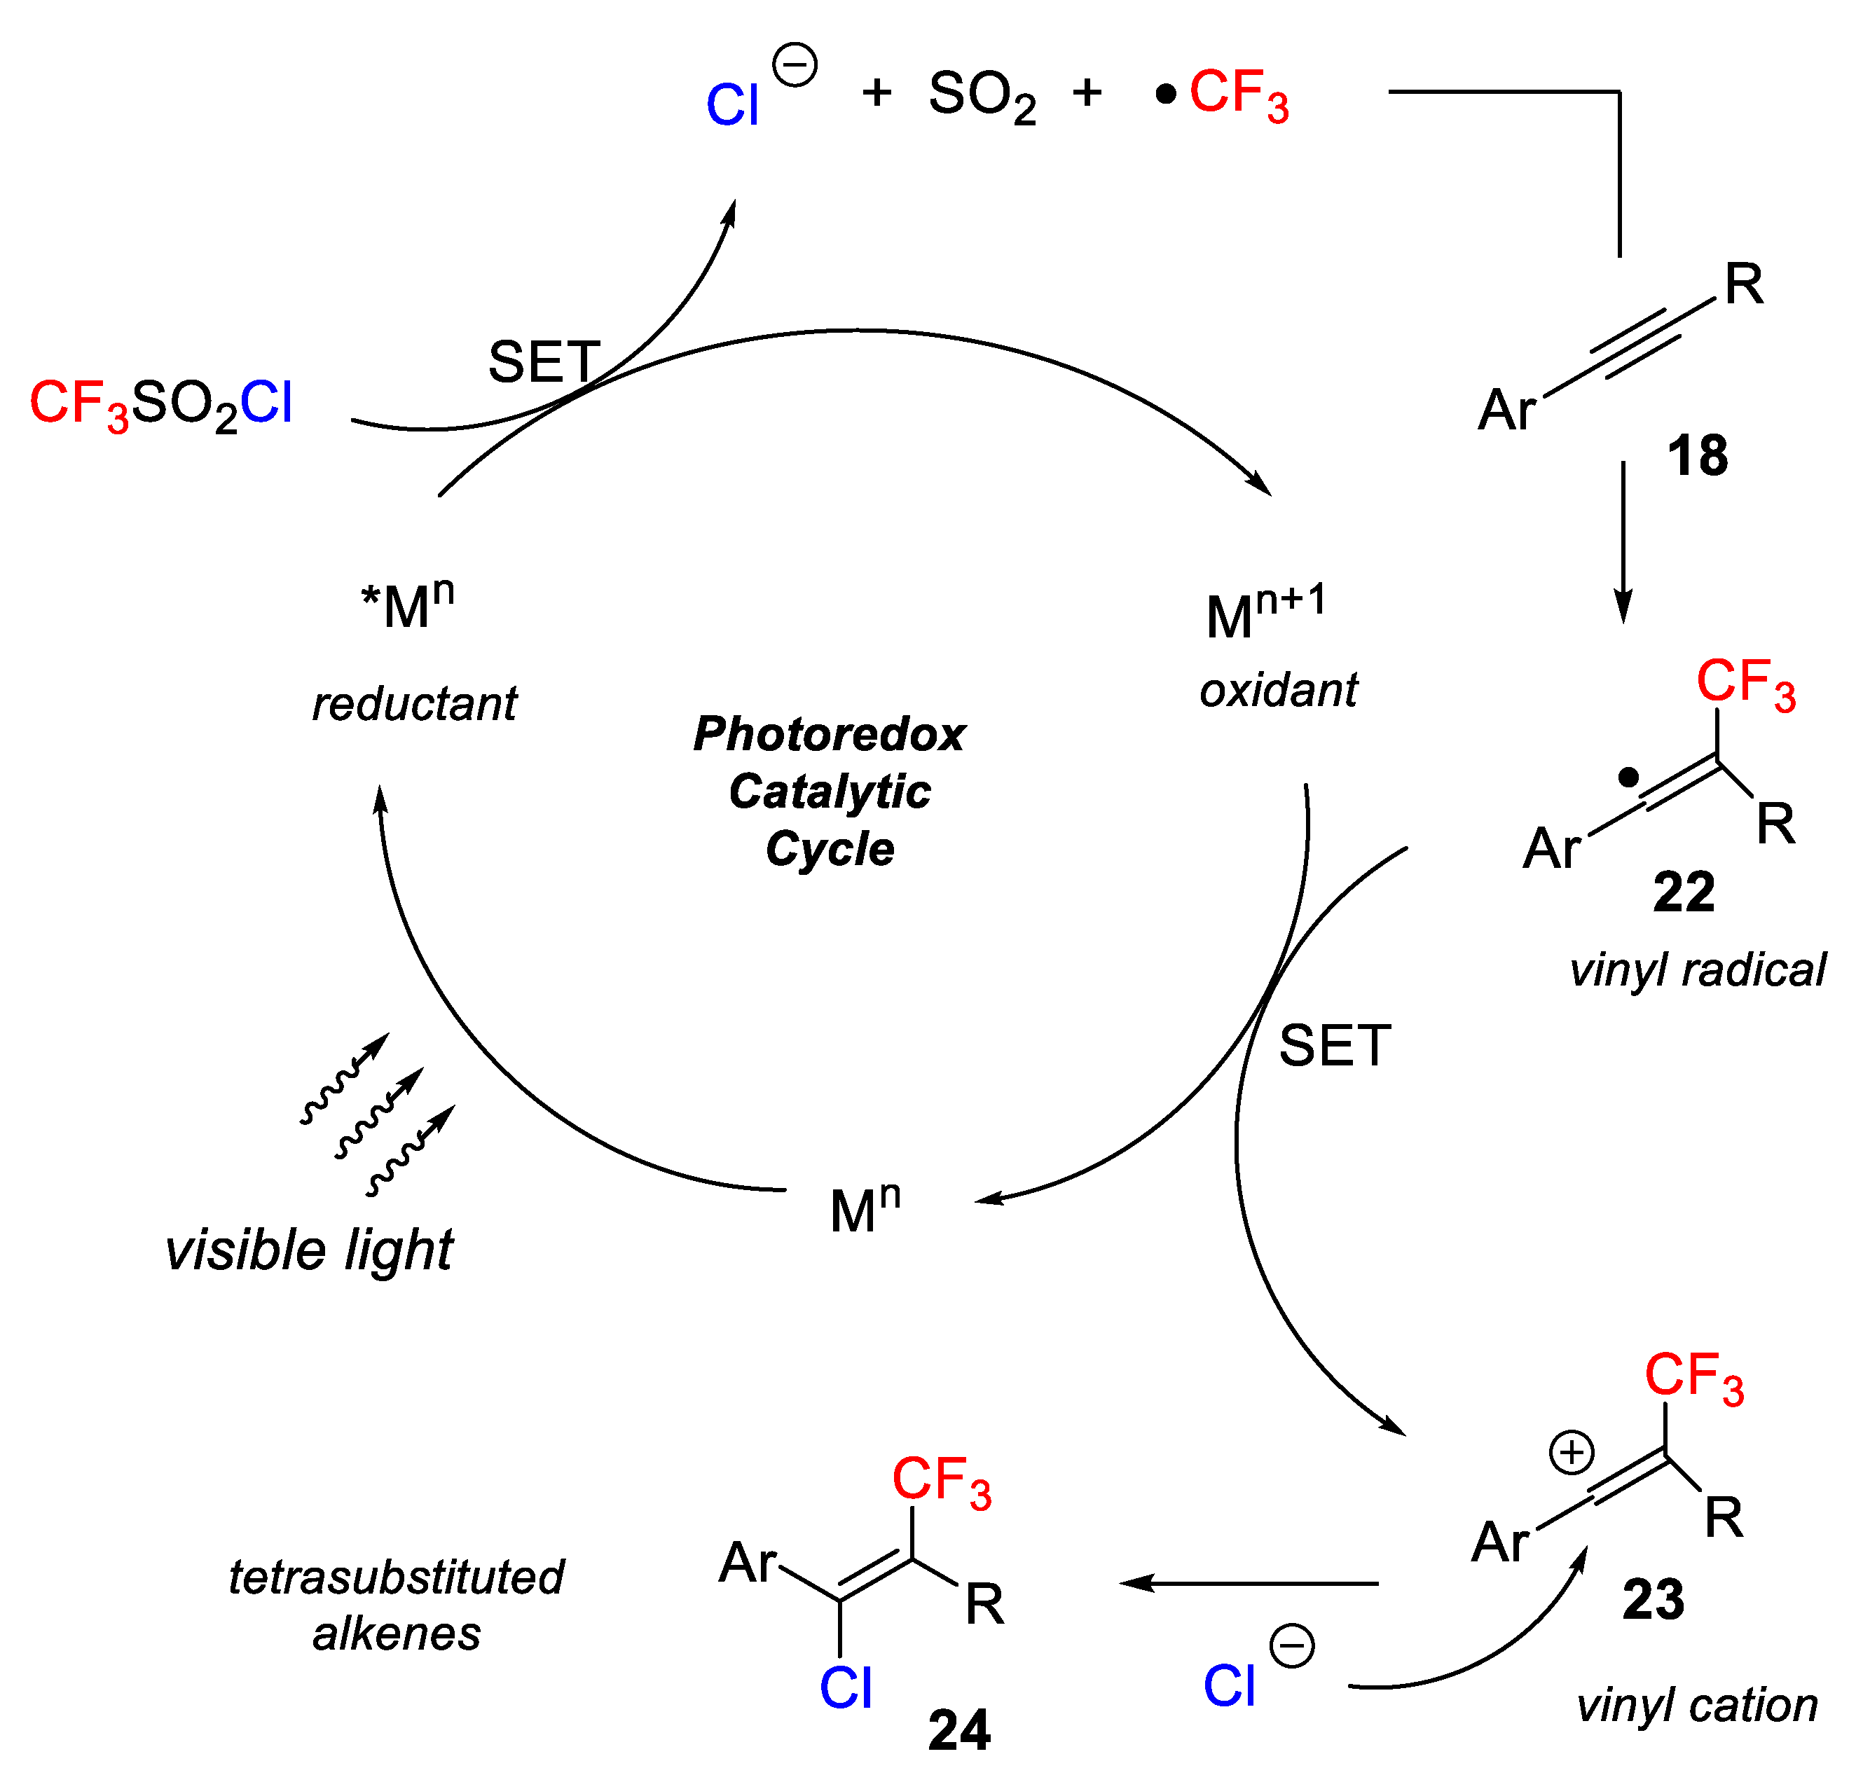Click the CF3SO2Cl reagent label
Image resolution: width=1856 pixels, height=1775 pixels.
(x=161, y=403)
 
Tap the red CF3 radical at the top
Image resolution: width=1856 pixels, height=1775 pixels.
(x=1237, y=94)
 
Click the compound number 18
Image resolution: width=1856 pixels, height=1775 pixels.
(x=1696, y=456)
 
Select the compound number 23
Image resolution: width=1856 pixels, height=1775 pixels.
(x=1653, y=1599)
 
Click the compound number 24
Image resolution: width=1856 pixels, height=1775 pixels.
(x=958, y=1729)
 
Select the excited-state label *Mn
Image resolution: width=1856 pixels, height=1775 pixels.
(x=407, y=604)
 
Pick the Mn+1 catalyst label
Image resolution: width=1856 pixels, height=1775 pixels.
(x=1265, y=613)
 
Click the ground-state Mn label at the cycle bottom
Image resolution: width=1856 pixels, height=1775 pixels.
(x=864, y=1208)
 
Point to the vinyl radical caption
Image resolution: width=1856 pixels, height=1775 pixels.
(x=1696, y=971)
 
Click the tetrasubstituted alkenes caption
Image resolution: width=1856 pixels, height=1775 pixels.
(x=396, y=1605)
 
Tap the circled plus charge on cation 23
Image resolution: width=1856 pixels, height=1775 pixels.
(x=1571, y=1452)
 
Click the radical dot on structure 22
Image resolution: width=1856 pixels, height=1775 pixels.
(x=1627, y=778)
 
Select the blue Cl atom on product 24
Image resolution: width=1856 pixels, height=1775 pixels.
(x=844, y=1687)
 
